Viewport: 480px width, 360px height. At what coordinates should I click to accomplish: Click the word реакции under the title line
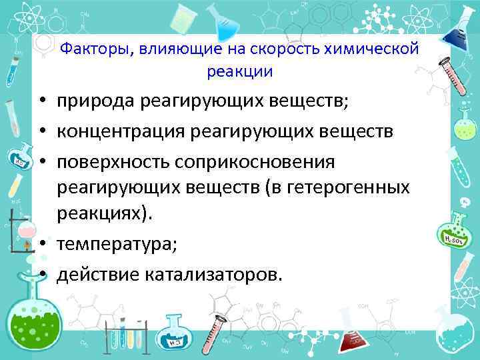tap(240, 71)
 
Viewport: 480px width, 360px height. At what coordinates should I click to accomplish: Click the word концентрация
tap(121, 131)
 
